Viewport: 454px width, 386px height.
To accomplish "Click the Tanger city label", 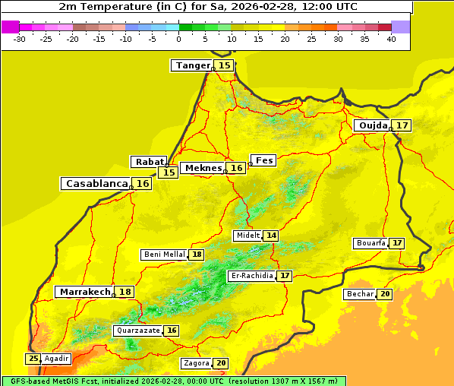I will pyautogui.click(x=192, y=65).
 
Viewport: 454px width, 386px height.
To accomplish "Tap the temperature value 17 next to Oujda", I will pyautogui.click(x=402, y=125).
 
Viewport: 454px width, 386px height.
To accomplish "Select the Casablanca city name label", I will pyautogui.click(x=96, y=183).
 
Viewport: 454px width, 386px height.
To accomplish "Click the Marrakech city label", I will pyautogui.click(x=84, y=292).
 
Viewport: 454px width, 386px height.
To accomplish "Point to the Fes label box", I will pyautogui.click(x=264, y=160).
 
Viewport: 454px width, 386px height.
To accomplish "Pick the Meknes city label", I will pyautogui.click(x=203, y=168).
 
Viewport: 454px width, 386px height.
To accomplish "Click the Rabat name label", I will pyautogui.click(x=148, y=162).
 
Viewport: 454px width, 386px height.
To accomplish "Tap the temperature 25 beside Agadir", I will pyautogui.click(x=33, y=359).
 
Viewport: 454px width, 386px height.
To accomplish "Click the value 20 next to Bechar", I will pyautogui.click(x=384, y=294).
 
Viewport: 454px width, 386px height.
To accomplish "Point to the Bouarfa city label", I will pyautogui.click(x=370, y=243).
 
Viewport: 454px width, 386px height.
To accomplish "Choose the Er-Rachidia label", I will pyautogui.click(x=251, y=276).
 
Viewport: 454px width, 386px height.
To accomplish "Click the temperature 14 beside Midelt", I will pyautogui.click(x=271, y=236).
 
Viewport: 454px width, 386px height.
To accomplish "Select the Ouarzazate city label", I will pyautogui.click(x=137, y=331).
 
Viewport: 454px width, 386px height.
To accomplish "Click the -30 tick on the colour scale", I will pyautogui.click(x=20, y=39).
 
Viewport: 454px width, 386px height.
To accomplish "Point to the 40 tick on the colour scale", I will pyautogui.click(x=391, y=39).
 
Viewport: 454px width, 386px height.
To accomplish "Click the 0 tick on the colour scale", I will pyautogui.click(x=178, y=39).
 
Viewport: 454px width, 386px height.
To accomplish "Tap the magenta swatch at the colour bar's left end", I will pyautogui.click(x=10, y=27).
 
